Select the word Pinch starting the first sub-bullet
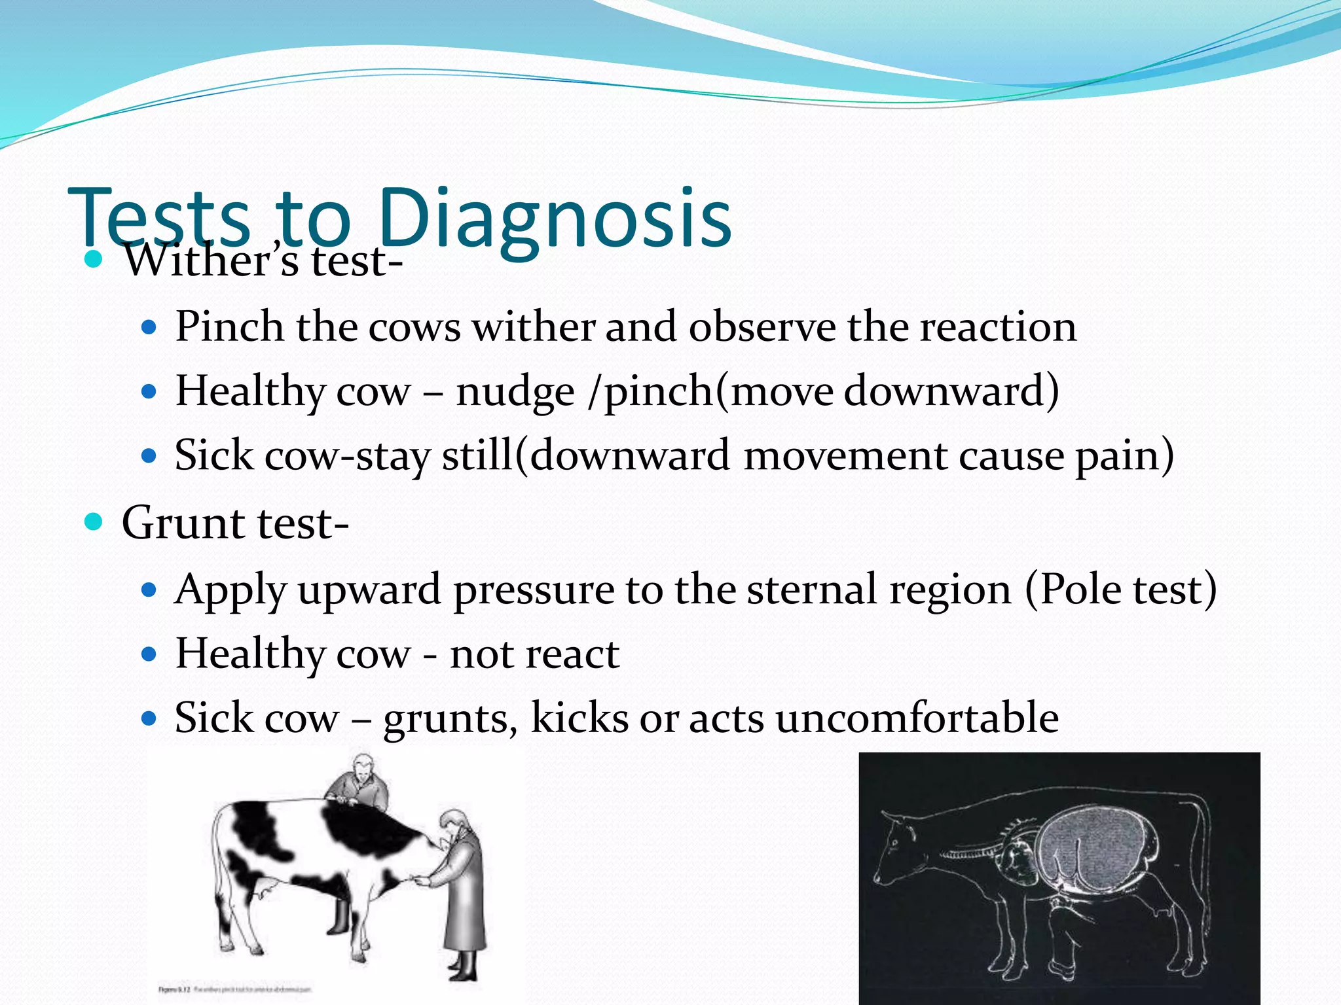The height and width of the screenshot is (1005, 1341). click(229, 326)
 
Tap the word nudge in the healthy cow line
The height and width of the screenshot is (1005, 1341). click(515, 391)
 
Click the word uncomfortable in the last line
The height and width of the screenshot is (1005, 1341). click(917, 718)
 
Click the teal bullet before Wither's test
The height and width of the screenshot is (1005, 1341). click(94, 260)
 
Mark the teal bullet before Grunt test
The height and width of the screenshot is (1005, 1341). click(94, 522)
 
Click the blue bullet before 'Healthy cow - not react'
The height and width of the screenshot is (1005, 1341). click(149, 654)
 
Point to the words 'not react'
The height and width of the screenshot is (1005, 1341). click(534, 654)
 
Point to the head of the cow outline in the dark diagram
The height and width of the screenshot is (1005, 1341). click(900, 851)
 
